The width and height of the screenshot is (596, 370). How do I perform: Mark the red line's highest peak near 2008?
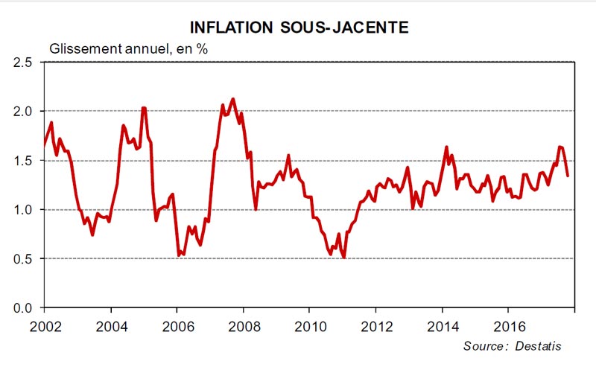pos(233,98)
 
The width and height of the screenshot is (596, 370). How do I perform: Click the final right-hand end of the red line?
pos(568,176)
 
